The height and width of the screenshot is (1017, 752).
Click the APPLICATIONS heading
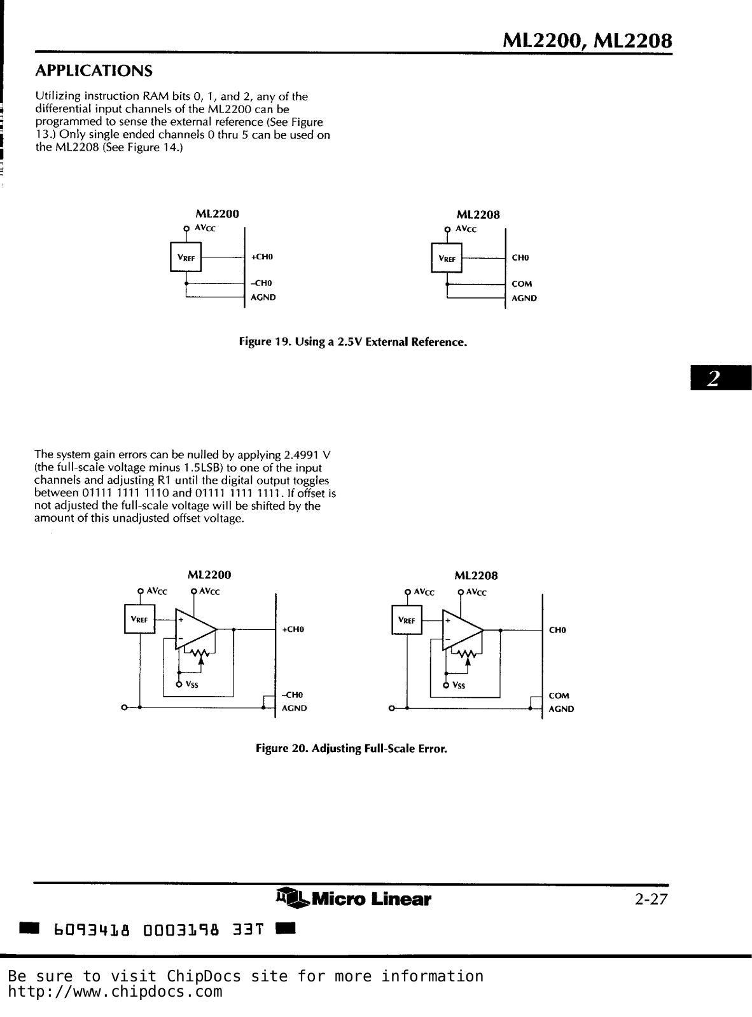(x=94, y=69)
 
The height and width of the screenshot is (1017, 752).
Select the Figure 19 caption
(x=352, y=342)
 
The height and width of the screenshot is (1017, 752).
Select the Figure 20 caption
(x=351, y=748)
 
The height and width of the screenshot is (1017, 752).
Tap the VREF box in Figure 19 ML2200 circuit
(x=186, y=258)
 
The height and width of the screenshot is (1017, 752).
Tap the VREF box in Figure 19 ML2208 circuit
(x=447, y=259)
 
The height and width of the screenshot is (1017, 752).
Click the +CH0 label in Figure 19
(x=261, y=257)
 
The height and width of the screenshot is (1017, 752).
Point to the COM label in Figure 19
(x=522, y=284)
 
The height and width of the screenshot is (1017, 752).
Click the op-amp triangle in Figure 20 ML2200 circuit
(x=194, y=629)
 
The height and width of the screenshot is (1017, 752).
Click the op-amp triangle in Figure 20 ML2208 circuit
(x=461, y=630)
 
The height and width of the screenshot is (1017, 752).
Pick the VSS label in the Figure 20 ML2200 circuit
(x=191, y=685)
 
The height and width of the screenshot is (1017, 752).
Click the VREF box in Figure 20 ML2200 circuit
(x=139, y=620)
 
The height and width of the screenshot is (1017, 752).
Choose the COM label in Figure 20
(x=559, y=695)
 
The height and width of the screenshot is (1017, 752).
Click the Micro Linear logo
(x=354, y=899)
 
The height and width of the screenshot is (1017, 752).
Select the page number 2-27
(x=650, y=899)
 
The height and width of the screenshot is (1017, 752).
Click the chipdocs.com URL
(x=115, y=992)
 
